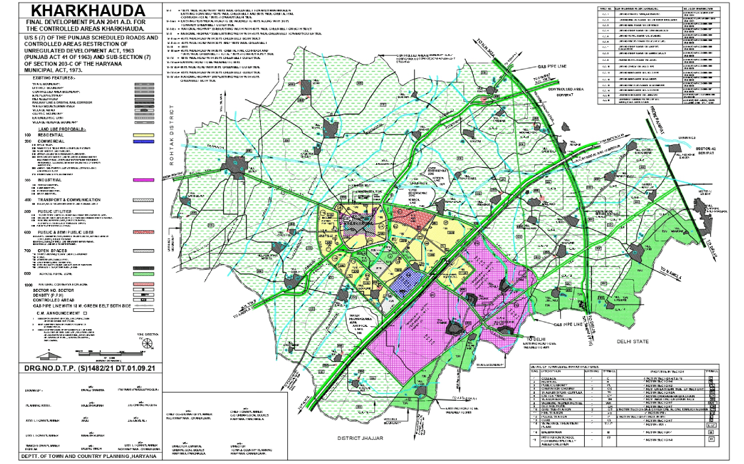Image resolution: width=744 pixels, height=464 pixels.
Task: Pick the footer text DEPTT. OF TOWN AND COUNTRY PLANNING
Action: pyautogui.click(x=82, y=457)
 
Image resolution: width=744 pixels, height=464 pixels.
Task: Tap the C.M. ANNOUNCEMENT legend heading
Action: pyautogui.click(x=62, y=313)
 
